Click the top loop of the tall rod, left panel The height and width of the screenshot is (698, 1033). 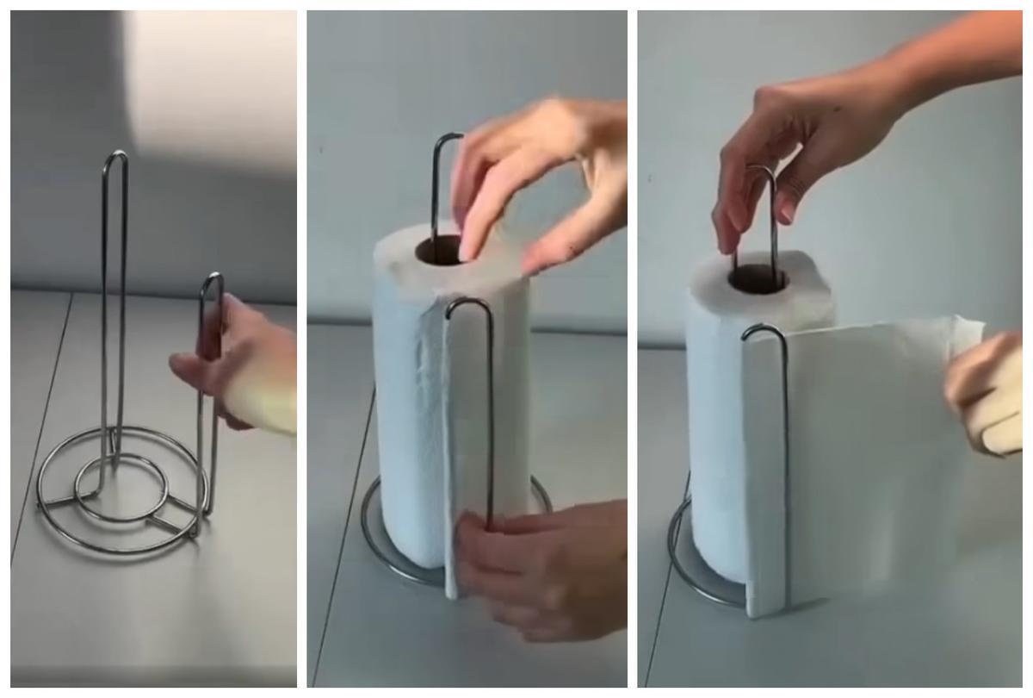point(115,158)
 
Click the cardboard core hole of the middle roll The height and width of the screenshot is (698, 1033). point(441,251)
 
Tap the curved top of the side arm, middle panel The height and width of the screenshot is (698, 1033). point(469,303)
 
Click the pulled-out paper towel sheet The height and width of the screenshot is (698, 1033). point(869,457)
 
